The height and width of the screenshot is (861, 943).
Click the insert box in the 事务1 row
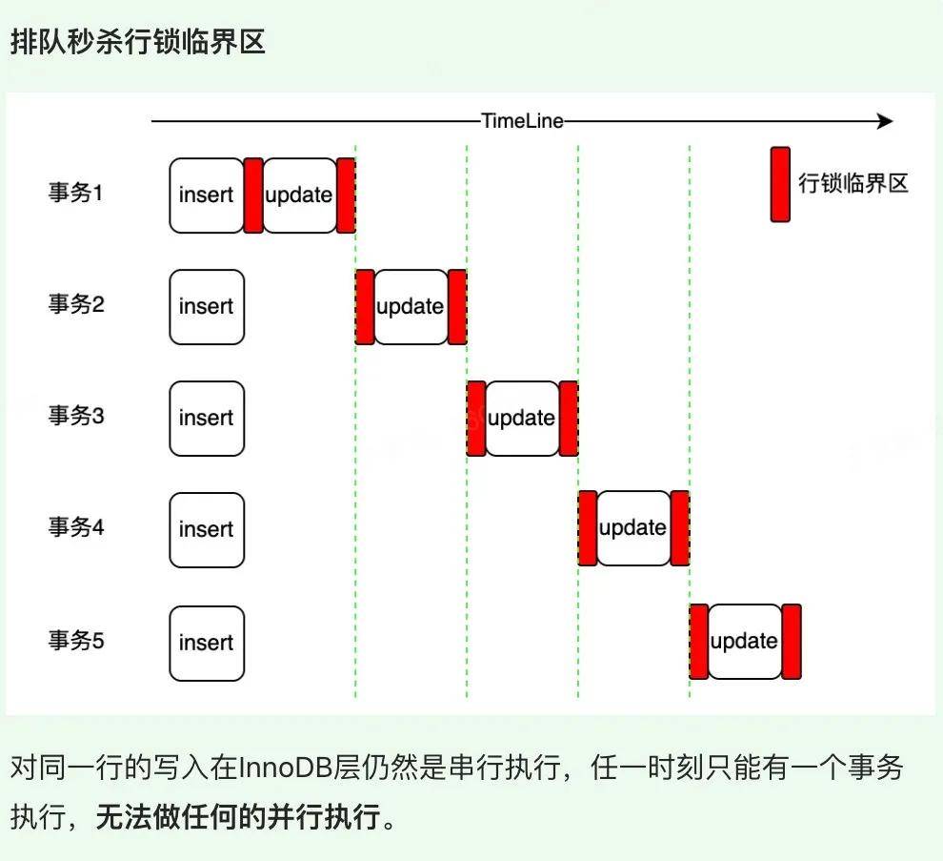(206, 195)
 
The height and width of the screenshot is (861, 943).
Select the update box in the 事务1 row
(299, 195)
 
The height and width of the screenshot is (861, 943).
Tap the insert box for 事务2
(206, 307)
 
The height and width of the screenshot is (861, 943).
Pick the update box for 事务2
(411, 307)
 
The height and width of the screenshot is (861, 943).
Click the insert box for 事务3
(206, 419)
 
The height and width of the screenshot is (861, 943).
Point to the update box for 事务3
(522, 419)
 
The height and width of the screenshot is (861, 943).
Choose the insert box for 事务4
(206, 529)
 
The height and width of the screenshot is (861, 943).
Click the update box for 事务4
(633, 529)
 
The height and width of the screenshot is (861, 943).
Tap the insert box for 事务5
(206, 643)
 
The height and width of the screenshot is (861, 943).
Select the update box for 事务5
(745, 643)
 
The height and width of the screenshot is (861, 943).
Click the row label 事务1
(75, 194)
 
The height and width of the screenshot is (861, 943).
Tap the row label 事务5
(75, 641)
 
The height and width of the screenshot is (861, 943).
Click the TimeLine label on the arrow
(522, 121)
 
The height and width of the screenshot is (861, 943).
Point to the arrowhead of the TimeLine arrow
(886, 121)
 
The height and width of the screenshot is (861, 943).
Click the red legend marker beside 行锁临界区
(780, 184)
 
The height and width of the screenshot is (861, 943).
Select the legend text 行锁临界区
(853, 184)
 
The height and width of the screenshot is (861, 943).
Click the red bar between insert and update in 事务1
(253, 195)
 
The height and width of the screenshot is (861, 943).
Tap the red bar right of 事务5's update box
(792, 643)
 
